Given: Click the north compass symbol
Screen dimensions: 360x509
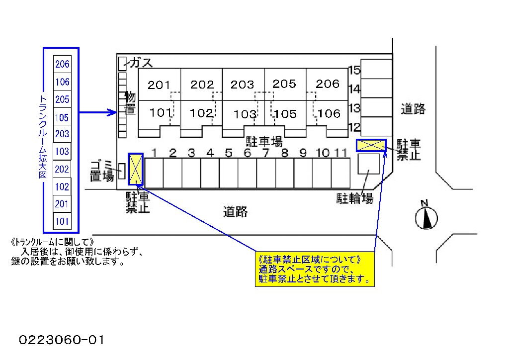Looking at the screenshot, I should pos(426,217).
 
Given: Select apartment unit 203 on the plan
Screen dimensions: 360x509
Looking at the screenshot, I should pos(243,85).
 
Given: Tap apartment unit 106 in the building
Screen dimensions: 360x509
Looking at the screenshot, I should pos(329,114).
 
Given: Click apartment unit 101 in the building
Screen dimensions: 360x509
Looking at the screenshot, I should pos(160,113).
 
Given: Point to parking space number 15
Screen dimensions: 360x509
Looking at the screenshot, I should pos(376,70).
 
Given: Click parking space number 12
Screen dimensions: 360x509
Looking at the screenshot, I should pos(376,126).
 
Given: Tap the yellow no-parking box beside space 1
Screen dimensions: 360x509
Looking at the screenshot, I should pos(136,169).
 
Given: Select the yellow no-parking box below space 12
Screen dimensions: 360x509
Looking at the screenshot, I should pos(371,145).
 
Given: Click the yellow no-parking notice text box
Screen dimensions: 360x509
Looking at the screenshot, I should pos(315,269).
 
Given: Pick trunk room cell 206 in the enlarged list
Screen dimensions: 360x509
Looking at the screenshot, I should pos(62,64).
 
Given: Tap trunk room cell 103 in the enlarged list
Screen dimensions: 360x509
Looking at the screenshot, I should pos(62,152).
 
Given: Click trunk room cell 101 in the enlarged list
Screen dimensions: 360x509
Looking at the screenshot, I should pos(62,221).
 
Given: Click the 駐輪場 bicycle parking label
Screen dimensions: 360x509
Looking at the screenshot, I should pos(355,199).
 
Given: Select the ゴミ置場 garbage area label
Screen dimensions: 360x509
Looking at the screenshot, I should pos(102,171).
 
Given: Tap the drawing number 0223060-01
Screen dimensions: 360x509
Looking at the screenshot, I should pos(62,340).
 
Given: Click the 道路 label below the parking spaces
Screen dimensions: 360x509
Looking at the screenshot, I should pos(235,212).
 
